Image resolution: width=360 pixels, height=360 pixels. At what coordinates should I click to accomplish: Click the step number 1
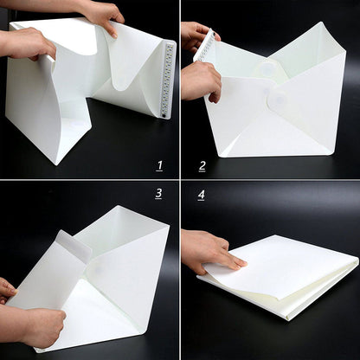[159, 164]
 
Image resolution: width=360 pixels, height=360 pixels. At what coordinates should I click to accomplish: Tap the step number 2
[202, 165]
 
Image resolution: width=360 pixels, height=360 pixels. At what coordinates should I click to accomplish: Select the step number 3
[158, 193]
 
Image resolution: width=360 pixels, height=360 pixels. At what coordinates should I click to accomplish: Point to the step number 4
[202, 194]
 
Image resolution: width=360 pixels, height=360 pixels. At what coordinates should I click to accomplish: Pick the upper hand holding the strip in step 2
[196, 35]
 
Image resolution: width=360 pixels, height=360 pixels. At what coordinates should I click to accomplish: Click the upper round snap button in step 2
[267, 67]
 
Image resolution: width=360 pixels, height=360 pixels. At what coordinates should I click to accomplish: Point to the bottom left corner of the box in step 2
[222, 155]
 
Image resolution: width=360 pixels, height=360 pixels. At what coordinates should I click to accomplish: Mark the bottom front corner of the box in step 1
[58, 164]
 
